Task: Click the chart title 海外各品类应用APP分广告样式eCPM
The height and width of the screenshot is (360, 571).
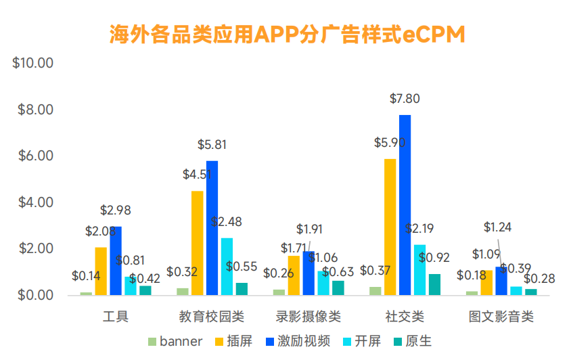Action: tap(287, 35)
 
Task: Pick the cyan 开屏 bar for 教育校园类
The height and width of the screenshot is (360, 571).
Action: tap(227, 267)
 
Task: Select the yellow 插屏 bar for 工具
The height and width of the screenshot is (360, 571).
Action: tap(101, 271)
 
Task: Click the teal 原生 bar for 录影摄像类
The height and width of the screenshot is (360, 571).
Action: tap(338, 288)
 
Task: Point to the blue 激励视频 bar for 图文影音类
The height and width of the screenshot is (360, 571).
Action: tap(501, 281)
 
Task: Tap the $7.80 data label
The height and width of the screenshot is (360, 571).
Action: tap(405, 99)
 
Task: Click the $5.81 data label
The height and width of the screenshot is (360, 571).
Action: tap(212, 145)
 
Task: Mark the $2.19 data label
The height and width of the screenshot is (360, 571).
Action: tap(420, 229)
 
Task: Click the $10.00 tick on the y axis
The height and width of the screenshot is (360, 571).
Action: tap(33, 64)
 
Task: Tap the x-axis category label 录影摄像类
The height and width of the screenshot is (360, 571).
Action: tap(308, 317)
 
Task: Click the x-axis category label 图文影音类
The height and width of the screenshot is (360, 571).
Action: tap(501, 317)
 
